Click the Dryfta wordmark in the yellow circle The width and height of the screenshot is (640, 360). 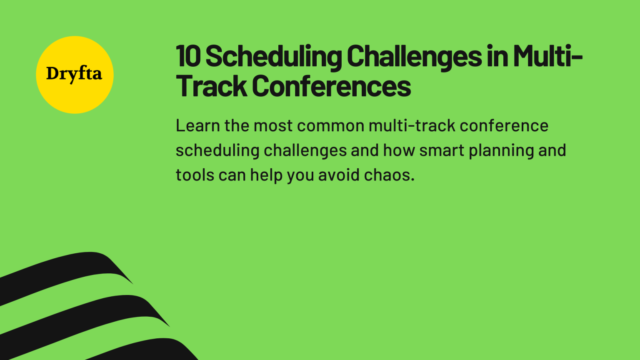click(x=74, y=74)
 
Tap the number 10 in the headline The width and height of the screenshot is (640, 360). click(x=188, y=56)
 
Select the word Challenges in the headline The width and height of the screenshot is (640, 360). click(x=414, y=57)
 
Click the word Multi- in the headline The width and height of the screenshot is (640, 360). click(x=547, y=56)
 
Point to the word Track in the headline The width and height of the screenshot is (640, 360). click(x=211, y=86)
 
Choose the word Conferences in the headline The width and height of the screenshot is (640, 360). click(x=331, y=86)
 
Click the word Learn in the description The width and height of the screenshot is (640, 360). click(x=197, y=125)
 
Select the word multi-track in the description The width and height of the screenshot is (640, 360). click(x=412, y=125)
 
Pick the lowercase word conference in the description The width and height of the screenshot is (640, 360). click(x=504, y=125)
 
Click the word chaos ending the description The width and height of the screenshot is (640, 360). click(x=389, y=175)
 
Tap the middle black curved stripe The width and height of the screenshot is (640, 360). click(x=83, y=312)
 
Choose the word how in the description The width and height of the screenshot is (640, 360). click(x=399, y=150)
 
